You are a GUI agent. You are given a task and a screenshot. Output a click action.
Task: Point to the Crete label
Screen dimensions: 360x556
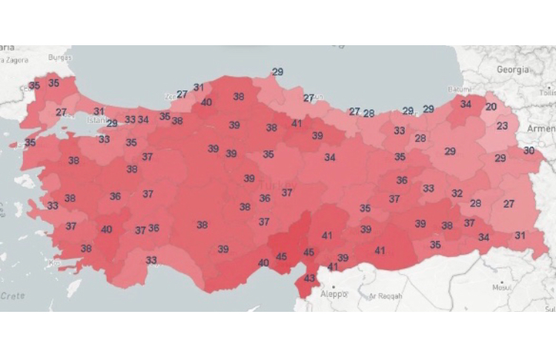[12, 296]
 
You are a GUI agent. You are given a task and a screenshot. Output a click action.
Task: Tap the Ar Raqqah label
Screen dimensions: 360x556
[384, 296]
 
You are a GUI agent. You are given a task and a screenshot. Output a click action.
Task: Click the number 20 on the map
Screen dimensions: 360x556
[491, 107]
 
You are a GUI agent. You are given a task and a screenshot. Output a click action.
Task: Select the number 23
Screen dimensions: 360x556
[502, 126]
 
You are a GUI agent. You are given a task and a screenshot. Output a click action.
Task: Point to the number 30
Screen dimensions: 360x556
[529, 150]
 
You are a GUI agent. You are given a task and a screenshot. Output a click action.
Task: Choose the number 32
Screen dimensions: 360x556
[457, 193]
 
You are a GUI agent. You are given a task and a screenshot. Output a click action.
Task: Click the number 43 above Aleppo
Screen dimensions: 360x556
[310, 279]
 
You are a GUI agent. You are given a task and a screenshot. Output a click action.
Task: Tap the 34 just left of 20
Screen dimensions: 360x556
[466, 104]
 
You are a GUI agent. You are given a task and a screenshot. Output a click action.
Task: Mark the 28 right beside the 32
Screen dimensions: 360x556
[476, 203]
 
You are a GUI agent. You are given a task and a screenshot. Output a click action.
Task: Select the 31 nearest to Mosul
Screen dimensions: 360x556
[520, 236]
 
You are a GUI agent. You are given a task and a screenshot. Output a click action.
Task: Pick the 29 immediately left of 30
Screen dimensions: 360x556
[500, 159]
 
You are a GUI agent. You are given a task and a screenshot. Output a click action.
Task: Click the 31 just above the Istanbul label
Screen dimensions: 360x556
[99, 111]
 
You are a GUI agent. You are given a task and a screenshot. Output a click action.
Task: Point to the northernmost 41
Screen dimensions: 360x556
[297, 123]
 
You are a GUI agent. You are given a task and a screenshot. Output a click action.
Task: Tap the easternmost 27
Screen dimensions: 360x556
[509, 203]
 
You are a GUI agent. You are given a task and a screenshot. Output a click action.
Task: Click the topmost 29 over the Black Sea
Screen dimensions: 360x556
[277, 72]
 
